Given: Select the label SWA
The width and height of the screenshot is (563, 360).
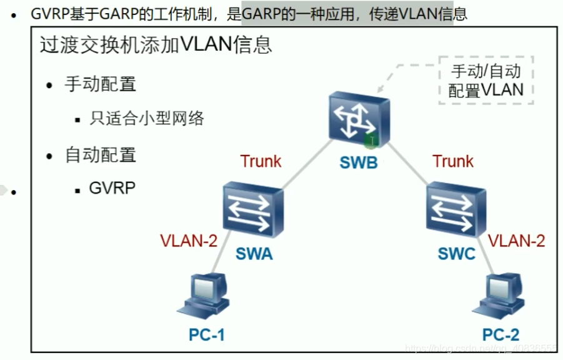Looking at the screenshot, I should pyautogui.click(x=254, y=254).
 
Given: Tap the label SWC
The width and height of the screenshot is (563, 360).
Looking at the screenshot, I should pyautogui.click(x=456, y=254).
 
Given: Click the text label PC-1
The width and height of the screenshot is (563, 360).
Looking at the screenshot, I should pyautogui.click(x=206, y=335).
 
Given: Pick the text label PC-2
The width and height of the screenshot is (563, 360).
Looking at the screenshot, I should pyautogui.click(x=501, y=335).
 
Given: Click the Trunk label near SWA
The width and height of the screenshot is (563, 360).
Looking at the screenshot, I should pyautogui.click(x=261, y=161).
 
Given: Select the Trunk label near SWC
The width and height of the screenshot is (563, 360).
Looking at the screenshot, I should pyautogui.click(x=453, y=161).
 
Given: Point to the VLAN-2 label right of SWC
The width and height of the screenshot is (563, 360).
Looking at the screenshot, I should pyautogui.click(x=516, y=241).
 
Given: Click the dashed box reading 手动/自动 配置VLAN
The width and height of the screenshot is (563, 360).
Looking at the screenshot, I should pyautogui.click(x=486, y=80).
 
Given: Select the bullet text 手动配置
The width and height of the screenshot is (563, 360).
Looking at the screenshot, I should pyautogui.click(x=100, y=85).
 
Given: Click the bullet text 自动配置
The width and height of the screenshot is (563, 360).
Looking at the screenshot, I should pyautogui.click(x=100, y=154).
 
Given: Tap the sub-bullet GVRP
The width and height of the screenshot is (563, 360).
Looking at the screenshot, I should pyautogui.click(x=112, y=187).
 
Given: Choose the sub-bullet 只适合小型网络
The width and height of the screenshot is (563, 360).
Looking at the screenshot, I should pyautogui.click(x=147, y=118).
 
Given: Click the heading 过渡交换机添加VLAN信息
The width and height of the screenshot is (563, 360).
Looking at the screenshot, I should pyautogui.click(x=156, y=44).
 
